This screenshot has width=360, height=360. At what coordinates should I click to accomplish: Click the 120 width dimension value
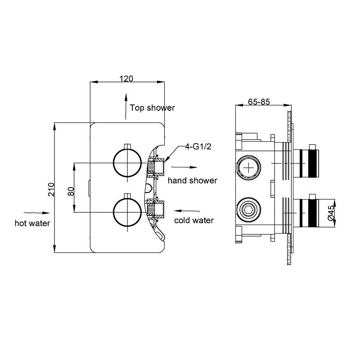tap(126, 78)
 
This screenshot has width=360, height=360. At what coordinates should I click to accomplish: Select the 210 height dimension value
tap(51, 189)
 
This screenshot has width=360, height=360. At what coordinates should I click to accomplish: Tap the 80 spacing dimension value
tap(71, 190)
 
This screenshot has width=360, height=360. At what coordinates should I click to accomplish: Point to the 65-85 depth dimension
tap(259, 102)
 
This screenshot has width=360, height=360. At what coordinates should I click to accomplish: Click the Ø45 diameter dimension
tap(331, 212)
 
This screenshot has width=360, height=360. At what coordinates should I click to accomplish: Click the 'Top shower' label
tap(152, 108)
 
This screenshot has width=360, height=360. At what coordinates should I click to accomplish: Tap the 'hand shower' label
tap(192, 180)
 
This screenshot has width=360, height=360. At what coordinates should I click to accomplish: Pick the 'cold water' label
tap(193, 220)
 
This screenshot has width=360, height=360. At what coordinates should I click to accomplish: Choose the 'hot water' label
tap(32, 223)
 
